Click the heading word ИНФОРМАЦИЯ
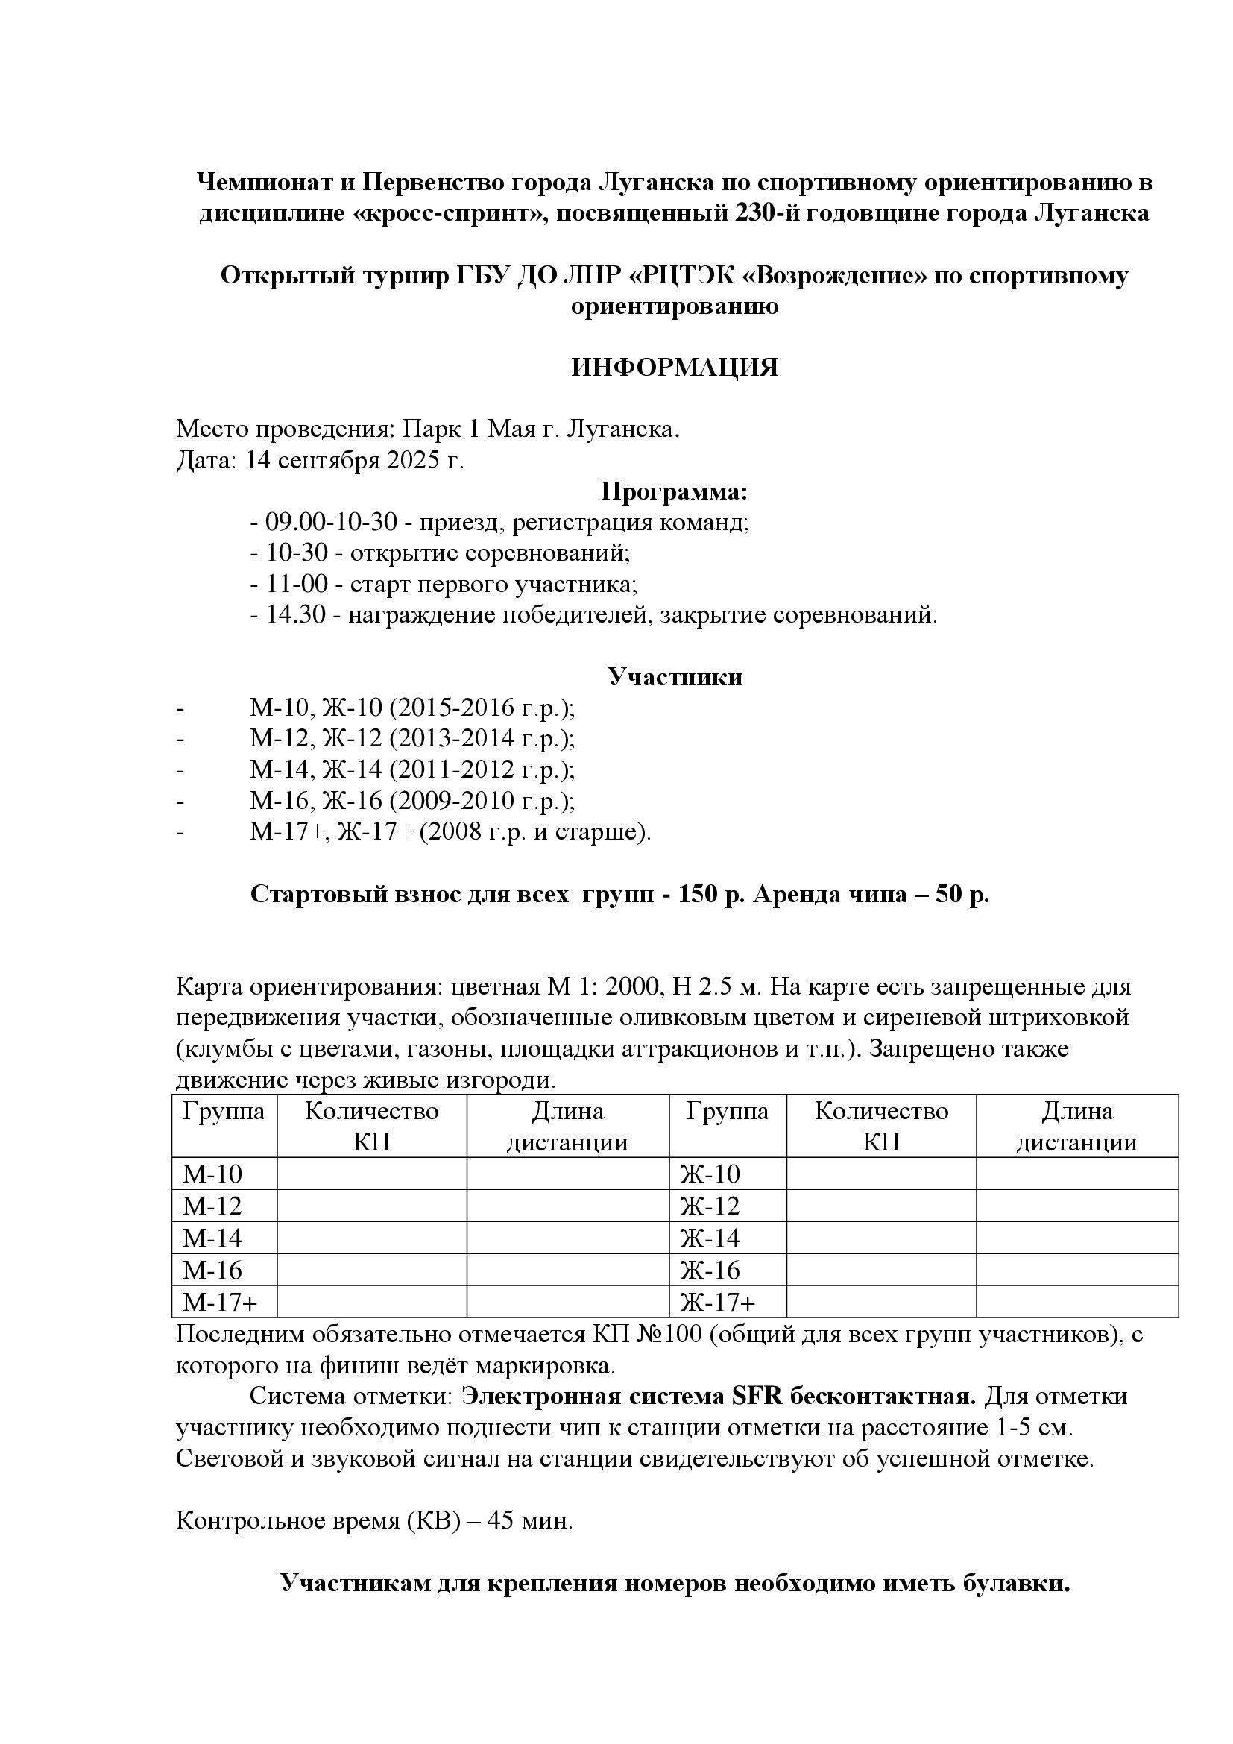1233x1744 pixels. [x=674, y=368]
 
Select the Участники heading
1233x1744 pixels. [x=675, y=677]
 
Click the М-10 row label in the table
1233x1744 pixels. [x=212, y=1174]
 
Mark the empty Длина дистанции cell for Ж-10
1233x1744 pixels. [x=1076, y=1174]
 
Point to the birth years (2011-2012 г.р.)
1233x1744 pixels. [x=482, y=770]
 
